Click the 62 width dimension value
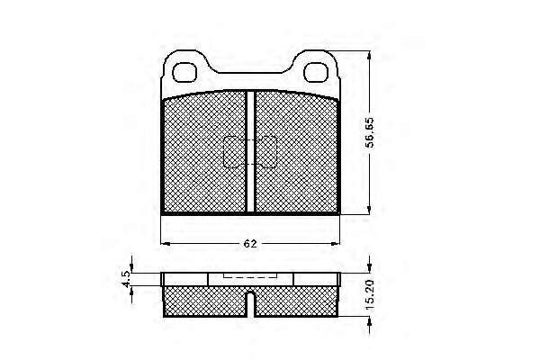pyautogui.click(x=250, y=244)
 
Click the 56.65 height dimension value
pyautogui.click(x=370, y=132)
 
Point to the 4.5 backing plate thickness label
pyautogui.click(x=126, y=279)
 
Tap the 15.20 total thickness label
pyautogui.click(x=370, y=295)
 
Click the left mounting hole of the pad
pyautogui.click(x=184, y=72)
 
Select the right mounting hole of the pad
pyautogui.click(x=316, y=72)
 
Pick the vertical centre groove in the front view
pyautogui.click(x=251, y=151)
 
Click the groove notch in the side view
pyautogui.click(x=251, y=304)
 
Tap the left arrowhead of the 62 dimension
pyautogui.click(x=166, y=244)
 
